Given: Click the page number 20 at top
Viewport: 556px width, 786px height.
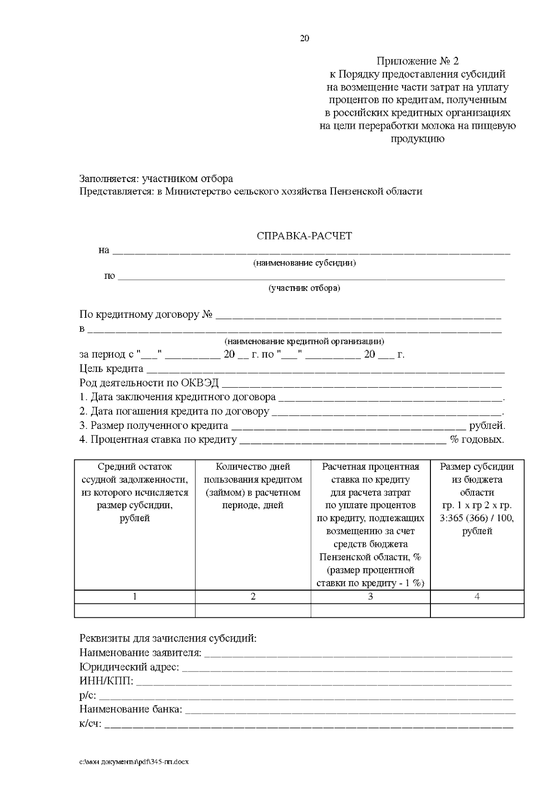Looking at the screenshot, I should click(x=304, y=38).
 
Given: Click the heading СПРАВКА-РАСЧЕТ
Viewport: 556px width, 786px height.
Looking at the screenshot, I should click(x=304, y=236).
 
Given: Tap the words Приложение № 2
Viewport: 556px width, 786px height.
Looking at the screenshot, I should click(x=417, y=61).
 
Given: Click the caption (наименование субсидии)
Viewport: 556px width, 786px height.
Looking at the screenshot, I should click(x=304, y=263).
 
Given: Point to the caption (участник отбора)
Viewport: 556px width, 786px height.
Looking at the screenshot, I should click(x=304, y=288).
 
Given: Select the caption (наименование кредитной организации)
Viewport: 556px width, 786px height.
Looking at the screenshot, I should click(x=304, y=341).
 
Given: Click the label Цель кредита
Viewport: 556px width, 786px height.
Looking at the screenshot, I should click(x=111, y=369).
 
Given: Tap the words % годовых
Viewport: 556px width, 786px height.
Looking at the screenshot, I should click(x=477, y=440).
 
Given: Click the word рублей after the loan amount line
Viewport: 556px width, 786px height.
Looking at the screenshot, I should click(x=487, y=426).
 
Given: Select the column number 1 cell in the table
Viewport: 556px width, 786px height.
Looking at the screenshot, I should click(x=135, y=597).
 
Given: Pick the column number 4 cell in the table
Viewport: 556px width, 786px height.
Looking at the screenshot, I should click(x=477, y=597).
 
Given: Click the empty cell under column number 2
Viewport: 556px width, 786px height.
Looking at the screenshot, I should click(x=253, y=610).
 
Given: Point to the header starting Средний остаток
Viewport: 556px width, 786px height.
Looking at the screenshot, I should click(x=135, y=492).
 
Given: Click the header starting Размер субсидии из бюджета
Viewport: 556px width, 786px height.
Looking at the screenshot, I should click(x=477, y=498).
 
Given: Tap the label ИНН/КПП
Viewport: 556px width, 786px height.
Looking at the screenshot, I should click(x=106, y=681).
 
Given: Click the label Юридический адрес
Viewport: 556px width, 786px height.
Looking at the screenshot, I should click(x=129, y=667).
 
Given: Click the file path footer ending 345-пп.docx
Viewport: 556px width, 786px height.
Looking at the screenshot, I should click(x=134, y=761).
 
